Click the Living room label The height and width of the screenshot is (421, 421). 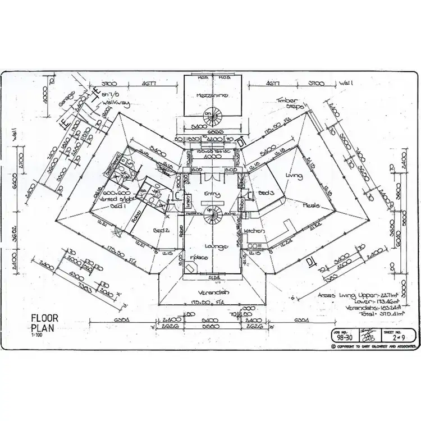pos(294,176)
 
